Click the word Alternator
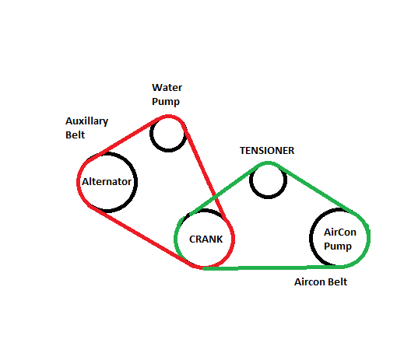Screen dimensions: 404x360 [107, 181]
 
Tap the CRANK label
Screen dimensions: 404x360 [206, 239]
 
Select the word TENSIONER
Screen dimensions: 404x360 [267, 150]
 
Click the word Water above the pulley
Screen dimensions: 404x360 [167, 88]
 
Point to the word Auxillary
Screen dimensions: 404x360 [86, 121]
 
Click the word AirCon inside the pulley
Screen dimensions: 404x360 [340, 232]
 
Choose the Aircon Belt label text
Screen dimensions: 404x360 [321, 281]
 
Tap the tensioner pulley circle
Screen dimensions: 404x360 [268, 198]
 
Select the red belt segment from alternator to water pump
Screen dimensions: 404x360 [128, 138]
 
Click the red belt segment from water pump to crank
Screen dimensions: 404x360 [205, 170]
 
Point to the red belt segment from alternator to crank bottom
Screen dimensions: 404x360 [142, 236]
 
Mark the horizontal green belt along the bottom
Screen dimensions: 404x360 [272, 267]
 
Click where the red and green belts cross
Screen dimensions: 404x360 [215, 197]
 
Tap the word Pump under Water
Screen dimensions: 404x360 [166, 102]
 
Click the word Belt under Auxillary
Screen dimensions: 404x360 [76, 135]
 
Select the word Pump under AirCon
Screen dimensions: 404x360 [338, 246]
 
